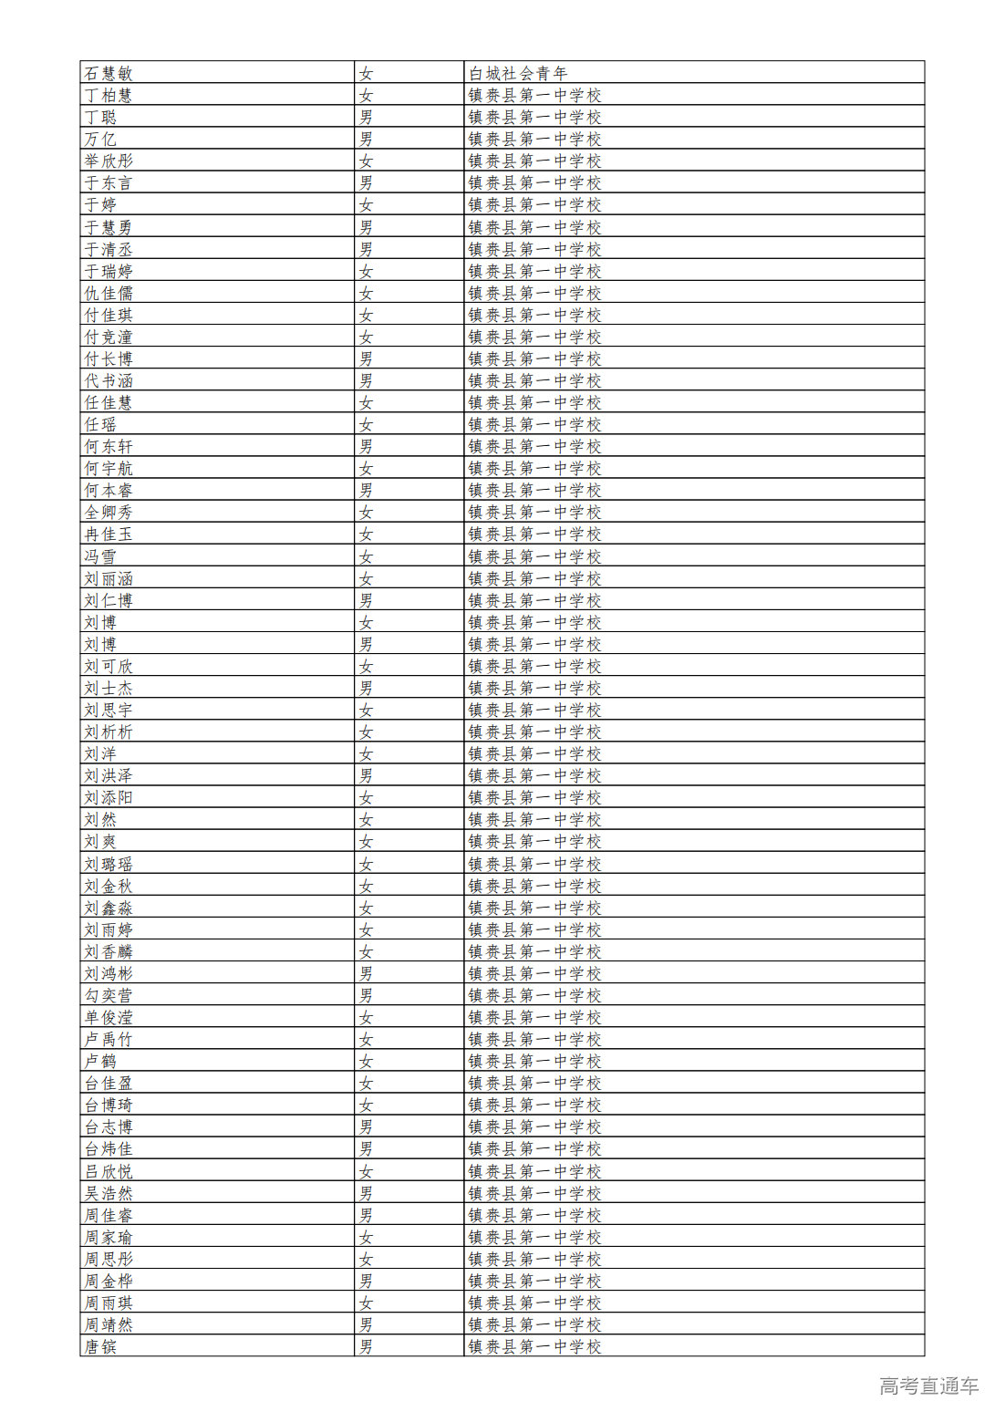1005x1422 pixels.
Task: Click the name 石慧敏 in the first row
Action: point(109,73)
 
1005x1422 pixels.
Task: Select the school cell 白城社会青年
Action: point(517,73)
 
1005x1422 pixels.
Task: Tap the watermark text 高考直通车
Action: point(928,1386)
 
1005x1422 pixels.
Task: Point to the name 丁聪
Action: point(100,117)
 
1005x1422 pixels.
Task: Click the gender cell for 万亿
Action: point(366,139)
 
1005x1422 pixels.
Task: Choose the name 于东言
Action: point(109,182)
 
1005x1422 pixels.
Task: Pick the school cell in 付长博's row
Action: point(534,358)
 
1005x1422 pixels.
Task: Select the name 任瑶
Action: point(100,424)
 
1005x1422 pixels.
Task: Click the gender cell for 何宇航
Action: point(366,468)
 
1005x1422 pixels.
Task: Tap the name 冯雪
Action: point(100,556)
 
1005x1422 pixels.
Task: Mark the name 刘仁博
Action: point(109,600)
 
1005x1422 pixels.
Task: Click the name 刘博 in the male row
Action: point(100,644)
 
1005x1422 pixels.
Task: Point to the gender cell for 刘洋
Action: point(366,753)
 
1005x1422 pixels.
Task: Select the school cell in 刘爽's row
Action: point(534,841)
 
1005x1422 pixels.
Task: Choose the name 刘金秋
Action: point(109,886)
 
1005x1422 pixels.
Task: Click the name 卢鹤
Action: point(100,1061)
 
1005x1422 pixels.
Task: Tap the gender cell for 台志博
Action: point(366,1126)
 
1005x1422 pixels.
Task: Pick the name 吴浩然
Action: point(109,1193)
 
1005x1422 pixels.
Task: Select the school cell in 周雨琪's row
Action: point(534,1303)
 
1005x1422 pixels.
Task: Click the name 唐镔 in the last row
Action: point(100,1346)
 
